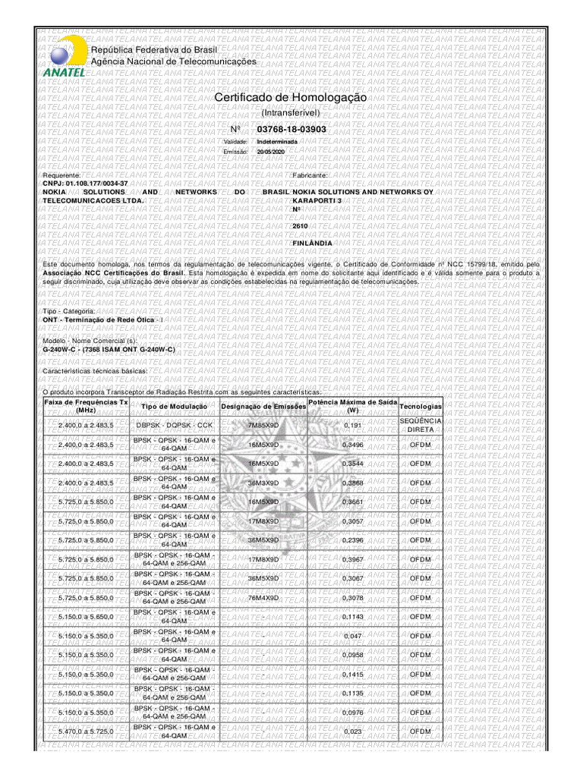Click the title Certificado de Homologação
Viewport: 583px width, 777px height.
(291, 99)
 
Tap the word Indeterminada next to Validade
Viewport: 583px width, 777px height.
(277, 142)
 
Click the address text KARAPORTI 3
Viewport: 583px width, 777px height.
(319, 200)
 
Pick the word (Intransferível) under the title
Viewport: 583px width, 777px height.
(291, 113)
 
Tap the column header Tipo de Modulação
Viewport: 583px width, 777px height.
(175, 406)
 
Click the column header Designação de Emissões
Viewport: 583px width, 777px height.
(263, 406)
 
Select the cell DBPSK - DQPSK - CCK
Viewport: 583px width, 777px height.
(175, 426)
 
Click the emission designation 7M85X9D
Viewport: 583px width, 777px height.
(263, 426)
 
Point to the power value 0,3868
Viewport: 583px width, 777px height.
(353, 483)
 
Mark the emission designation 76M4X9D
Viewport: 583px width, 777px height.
(263, 598)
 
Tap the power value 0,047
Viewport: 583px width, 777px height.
(353, 636)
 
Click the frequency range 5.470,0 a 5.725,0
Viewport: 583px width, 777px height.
(86, 732)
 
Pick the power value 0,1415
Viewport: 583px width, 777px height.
(353, 675)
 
